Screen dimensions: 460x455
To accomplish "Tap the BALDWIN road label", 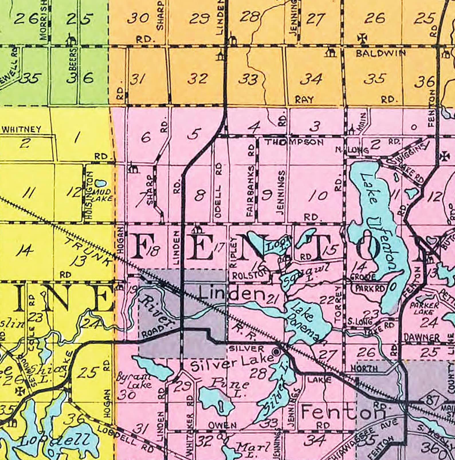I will (381, 53).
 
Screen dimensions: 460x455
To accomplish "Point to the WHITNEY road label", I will (21, 129).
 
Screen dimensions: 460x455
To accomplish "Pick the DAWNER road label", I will (421, 338).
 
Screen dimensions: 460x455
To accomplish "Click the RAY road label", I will (304, 100).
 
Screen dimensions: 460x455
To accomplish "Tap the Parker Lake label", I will (424, 309).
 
